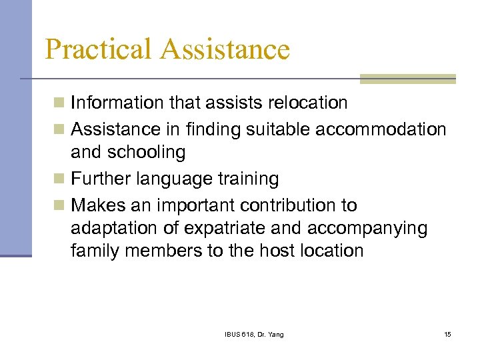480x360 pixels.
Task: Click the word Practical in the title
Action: (99, 49)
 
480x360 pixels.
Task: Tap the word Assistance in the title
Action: (227, 49)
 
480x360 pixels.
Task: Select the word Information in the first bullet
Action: (117, 103)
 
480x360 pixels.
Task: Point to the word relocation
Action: (306, 103)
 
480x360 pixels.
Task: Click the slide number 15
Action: (447, 334)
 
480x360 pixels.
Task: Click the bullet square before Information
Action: (59, 103)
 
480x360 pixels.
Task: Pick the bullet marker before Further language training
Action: (59, 179)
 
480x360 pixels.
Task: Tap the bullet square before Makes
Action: (59, 205)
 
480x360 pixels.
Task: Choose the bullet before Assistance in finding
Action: (59, 129)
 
